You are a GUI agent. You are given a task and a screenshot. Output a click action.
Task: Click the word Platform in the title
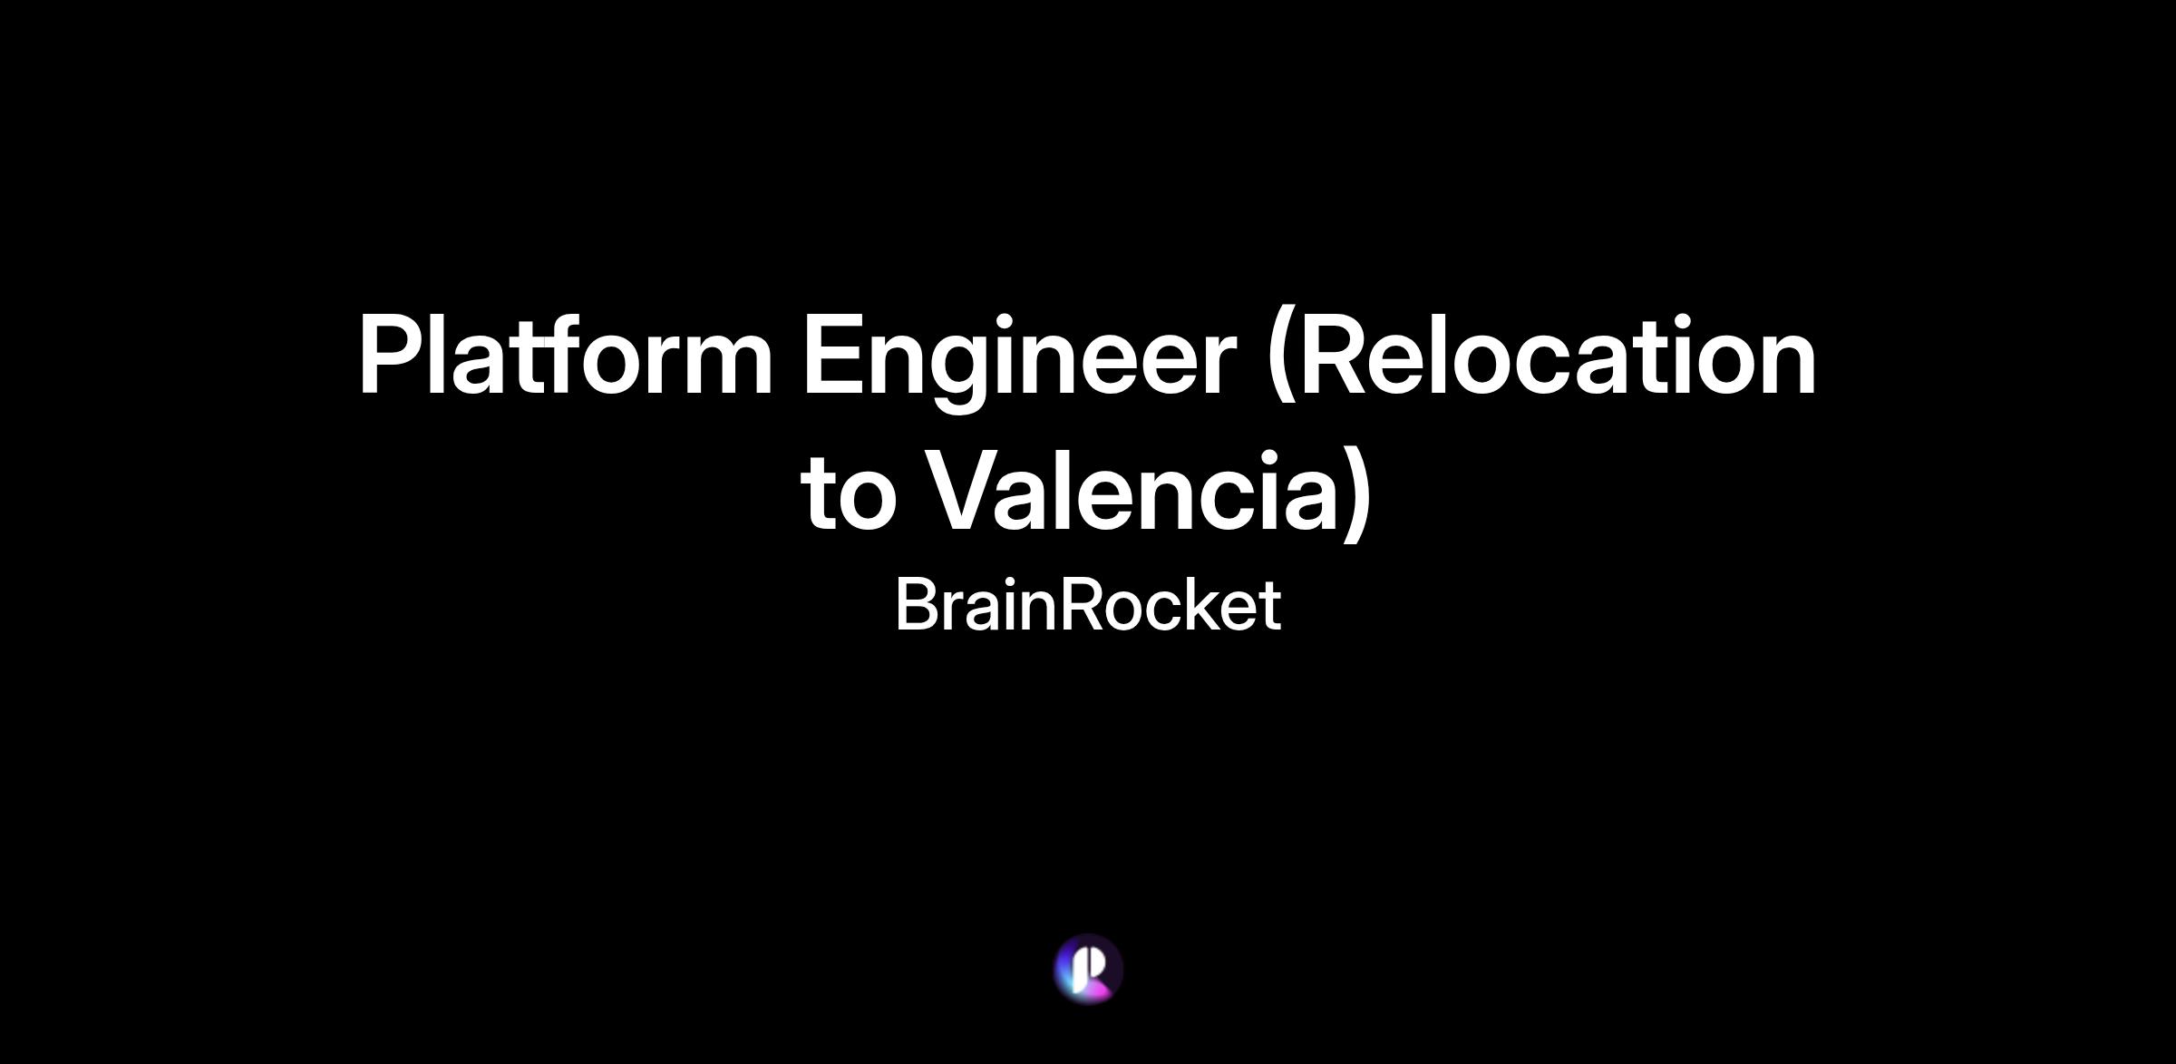(x=566, y=356)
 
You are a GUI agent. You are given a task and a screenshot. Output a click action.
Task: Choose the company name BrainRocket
(x=1088, y=605)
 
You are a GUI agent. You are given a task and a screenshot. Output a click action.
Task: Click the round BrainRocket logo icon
(x=1089, y=970)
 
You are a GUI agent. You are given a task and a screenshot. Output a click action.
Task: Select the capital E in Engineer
(x=833, y=355)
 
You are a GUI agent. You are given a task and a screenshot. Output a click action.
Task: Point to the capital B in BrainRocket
(x=918, y=605)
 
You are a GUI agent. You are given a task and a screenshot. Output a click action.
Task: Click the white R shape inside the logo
(x=1090, y=969)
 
